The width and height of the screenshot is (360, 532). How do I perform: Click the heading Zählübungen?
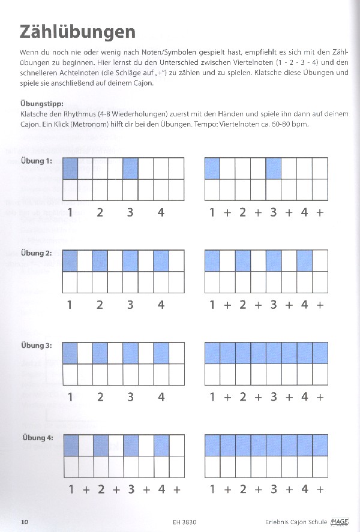[77, 31]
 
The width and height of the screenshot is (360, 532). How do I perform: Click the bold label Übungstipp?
[41, 103]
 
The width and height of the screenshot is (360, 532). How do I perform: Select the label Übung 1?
[37, 161]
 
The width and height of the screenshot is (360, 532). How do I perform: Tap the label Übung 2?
[37, 253]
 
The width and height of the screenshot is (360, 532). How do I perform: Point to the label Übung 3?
[37, 345]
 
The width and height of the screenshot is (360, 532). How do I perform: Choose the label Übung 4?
[37, 438]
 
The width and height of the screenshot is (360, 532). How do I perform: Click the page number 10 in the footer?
[25, 522]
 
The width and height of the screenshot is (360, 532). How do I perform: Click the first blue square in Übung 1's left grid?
[70, 169]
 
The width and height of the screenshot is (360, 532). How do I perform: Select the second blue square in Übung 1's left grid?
[131, 169]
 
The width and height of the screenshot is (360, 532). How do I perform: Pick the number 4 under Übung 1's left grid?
[161, 212]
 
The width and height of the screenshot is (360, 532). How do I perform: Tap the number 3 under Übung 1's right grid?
[274, 212]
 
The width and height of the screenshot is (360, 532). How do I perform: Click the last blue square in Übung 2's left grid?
[161, 261]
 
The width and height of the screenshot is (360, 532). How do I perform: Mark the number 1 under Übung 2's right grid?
[212, 305]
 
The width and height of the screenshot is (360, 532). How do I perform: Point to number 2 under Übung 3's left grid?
[100, 397]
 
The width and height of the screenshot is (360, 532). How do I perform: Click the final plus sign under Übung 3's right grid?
[320, 397]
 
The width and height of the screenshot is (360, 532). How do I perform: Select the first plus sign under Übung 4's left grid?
[86, 489]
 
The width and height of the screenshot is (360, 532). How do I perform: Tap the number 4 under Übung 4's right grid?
[304, 489]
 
